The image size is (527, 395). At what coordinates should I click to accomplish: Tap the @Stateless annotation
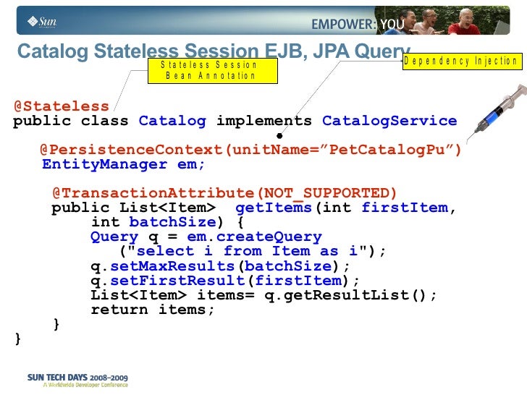(62, 107)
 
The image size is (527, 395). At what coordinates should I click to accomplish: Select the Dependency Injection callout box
(461, 61)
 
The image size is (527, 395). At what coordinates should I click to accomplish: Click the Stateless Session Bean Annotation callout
(211, 70)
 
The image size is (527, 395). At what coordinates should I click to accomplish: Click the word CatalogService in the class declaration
(389, 121)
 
